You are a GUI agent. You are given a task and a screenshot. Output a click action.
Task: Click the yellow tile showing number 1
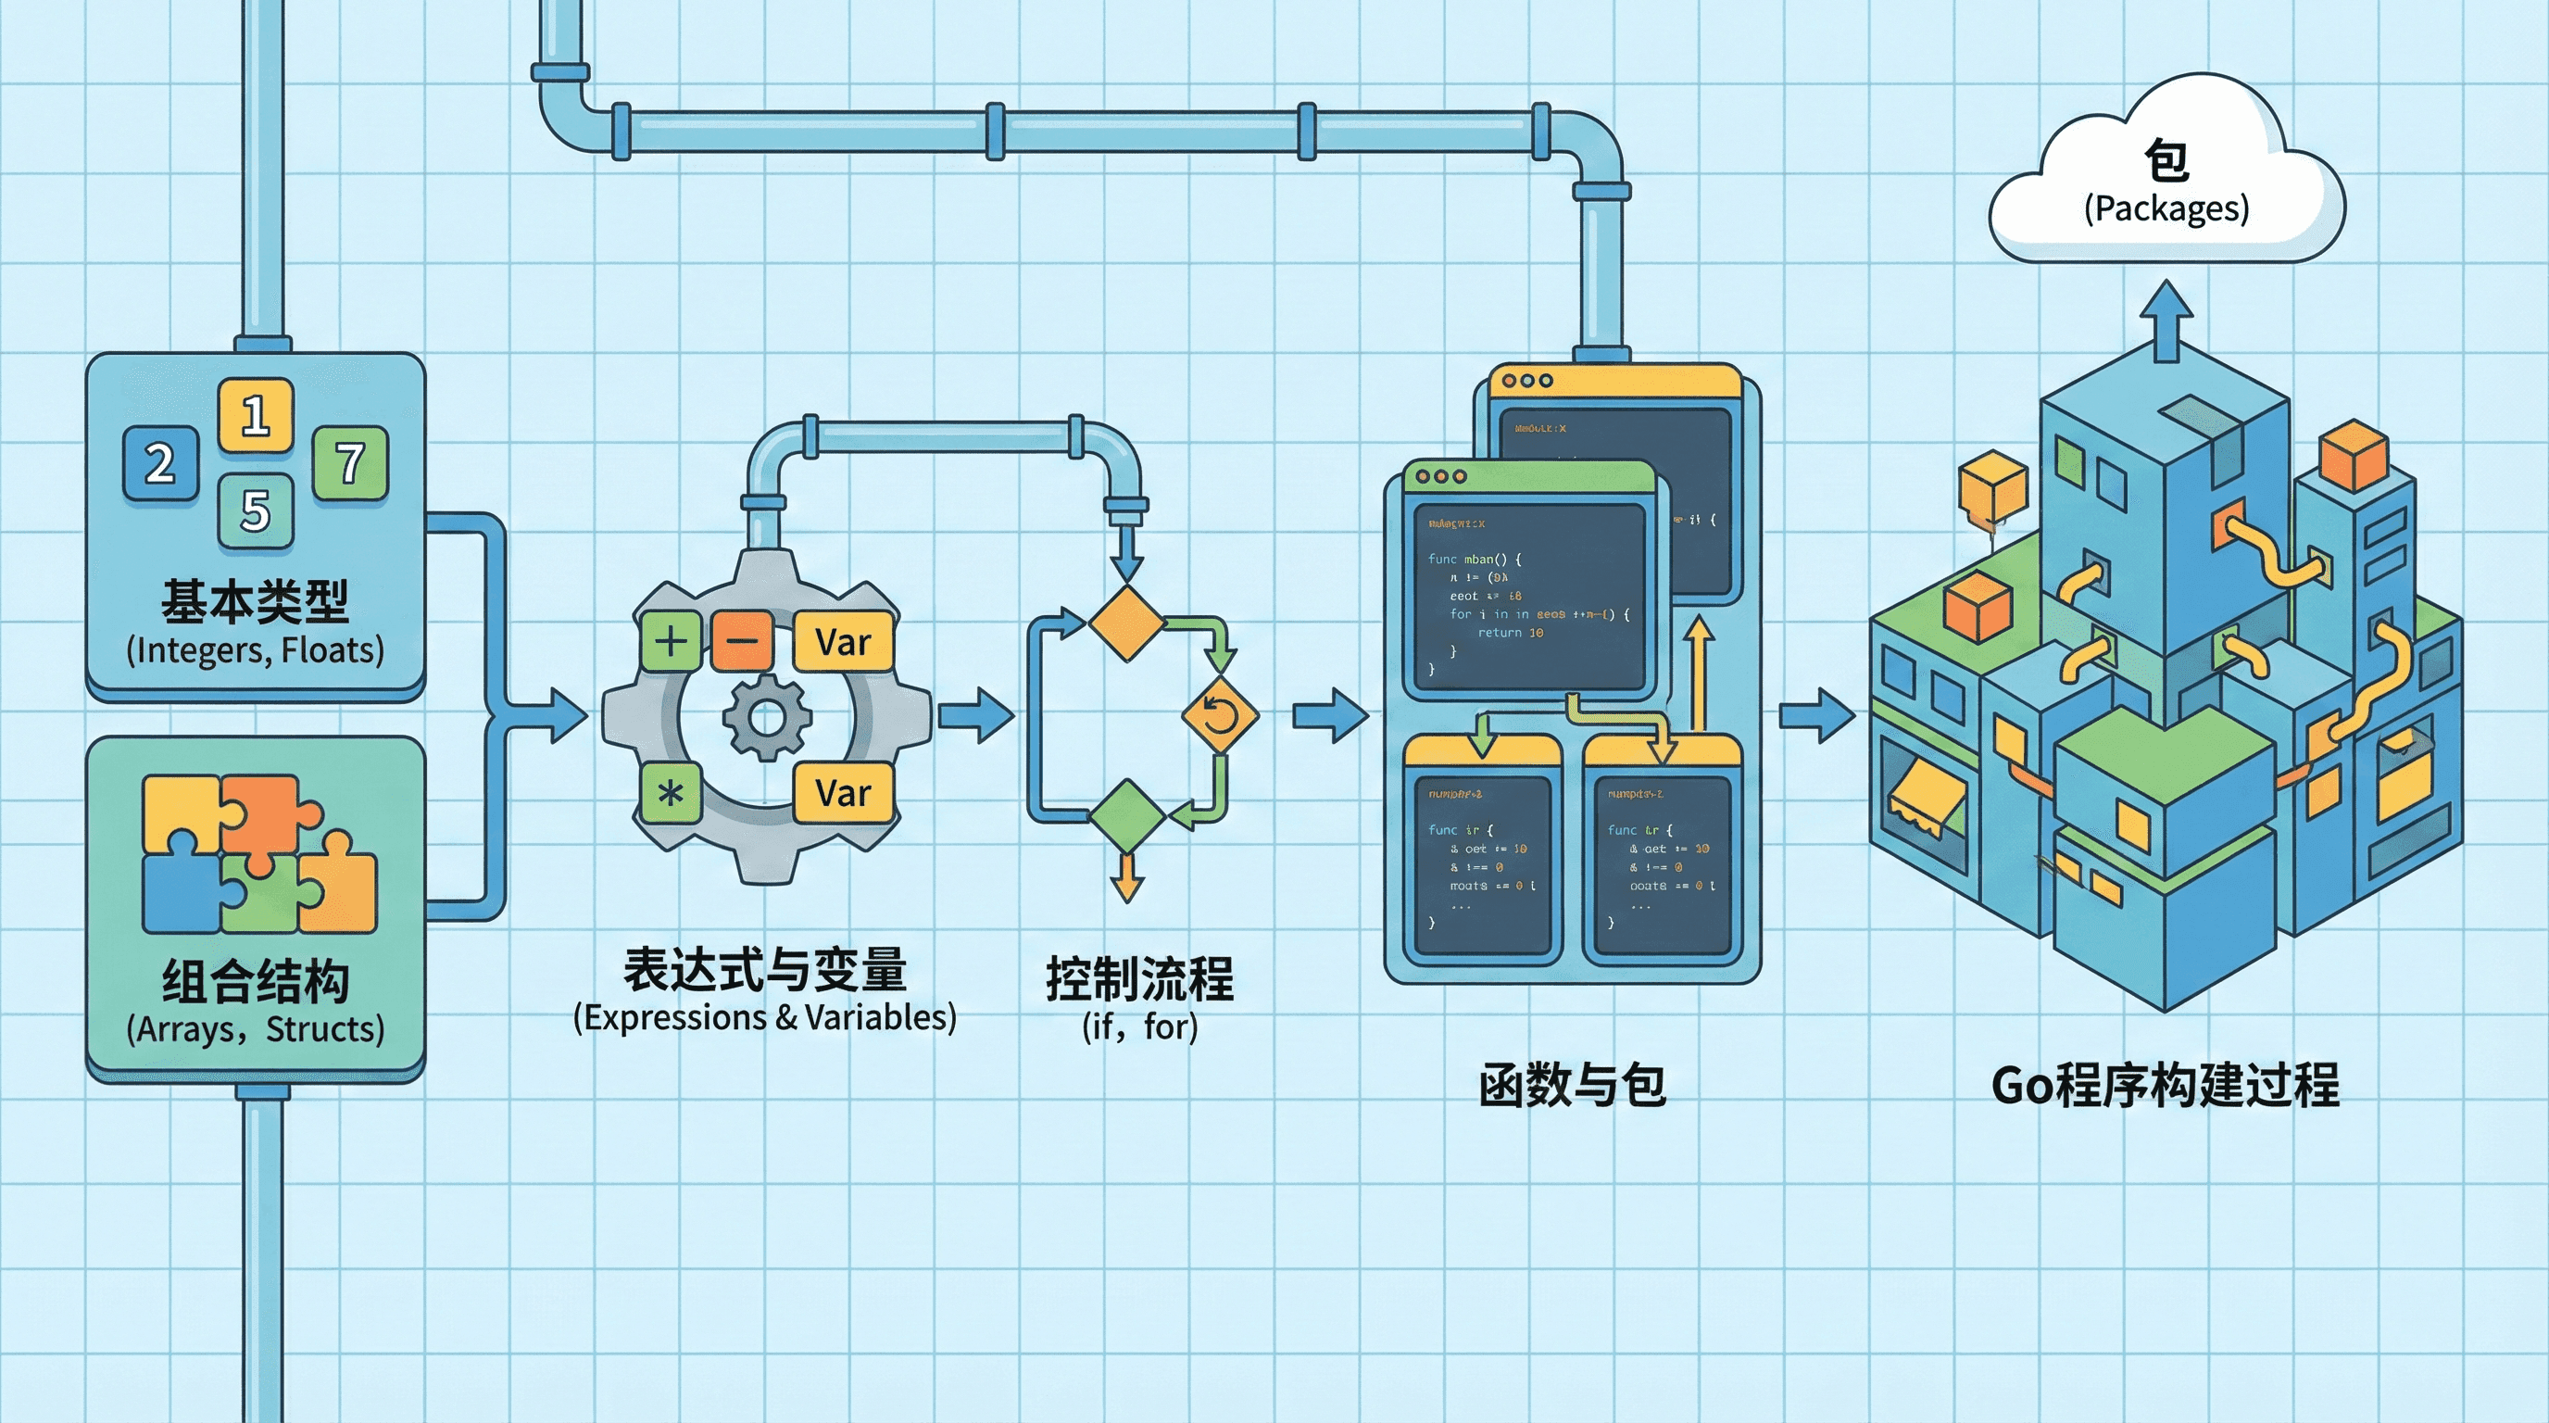256,415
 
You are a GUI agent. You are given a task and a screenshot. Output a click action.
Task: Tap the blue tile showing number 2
160,463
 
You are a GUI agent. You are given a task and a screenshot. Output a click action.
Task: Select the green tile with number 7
350,462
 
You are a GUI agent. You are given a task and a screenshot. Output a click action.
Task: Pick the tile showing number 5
256,510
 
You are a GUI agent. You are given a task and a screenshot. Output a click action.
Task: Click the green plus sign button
671,641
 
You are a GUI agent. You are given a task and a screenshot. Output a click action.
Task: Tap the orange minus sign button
742,641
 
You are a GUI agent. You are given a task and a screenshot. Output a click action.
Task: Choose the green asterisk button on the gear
671,793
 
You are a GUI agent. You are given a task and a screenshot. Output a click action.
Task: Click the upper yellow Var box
843,642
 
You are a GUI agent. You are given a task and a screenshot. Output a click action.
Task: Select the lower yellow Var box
843,793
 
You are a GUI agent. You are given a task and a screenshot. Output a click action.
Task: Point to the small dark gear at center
767,717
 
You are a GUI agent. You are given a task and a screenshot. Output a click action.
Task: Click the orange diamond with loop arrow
1220,714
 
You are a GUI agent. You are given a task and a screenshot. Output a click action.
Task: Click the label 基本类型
256,601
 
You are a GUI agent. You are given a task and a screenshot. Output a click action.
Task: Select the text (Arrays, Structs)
256,1029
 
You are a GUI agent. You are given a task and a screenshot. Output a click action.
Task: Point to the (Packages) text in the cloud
2166,208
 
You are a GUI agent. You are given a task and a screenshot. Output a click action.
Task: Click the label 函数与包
1573,1086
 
